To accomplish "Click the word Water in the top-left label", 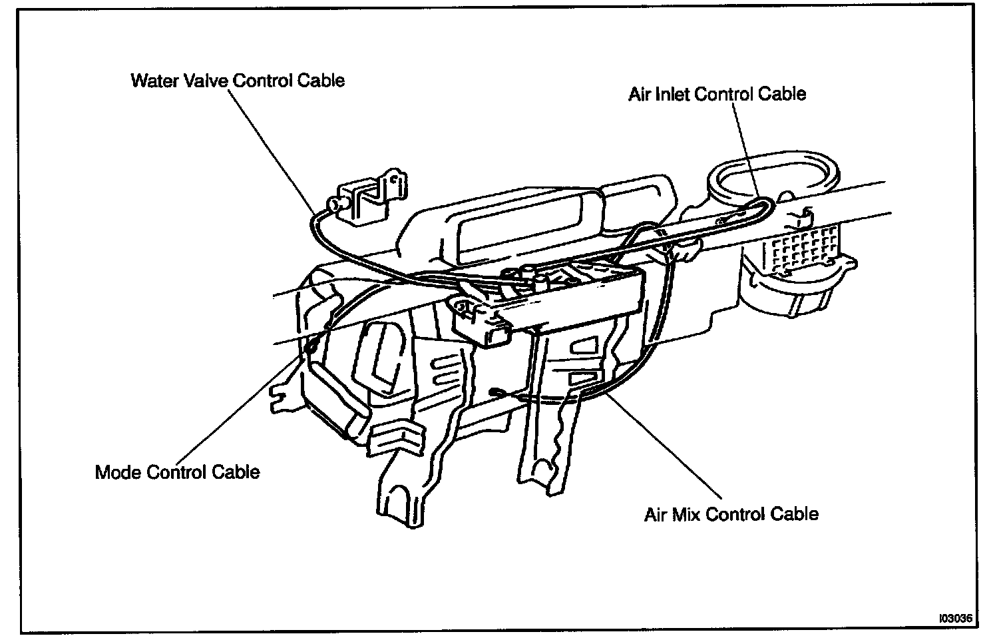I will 152,81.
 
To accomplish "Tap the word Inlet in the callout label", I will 670,94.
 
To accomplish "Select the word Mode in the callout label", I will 118,472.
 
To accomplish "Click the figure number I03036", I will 955,618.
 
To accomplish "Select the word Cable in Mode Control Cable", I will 236,472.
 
